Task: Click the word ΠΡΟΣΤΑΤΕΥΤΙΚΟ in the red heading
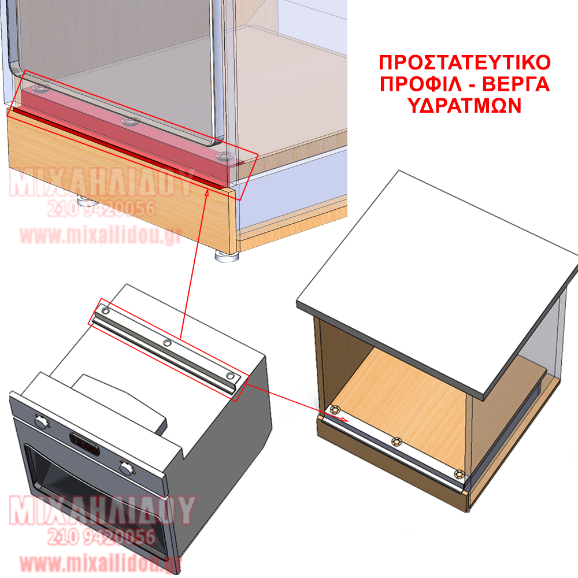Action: click(465, 62)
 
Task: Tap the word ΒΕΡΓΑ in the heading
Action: click(516, 84)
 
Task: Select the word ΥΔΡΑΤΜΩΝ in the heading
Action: click(465, 106)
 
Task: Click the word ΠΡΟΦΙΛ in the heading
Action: click(421, 84)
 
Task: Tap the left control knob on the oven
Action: click(42, 421)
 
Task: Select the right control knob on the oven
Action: click(127, 468)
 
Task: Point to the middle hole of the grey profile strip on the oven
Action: click(167, 343)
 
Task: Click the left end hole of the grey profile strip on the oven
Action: click(105, 311)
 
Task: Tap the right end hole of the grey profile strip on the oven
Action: click(231, 376)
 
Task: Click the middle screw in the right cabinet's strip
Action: click(397, 440)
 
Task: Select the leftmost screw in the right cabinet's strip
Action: click(335, 410)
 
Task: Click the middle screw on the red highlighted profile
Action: click(129, 121)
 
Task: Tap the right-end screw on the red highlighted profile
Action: click(223, 156)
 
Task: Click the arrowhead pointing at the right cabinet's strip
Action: click(343, 419)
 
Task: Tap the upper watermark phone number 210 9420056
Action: click(101, 209)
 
